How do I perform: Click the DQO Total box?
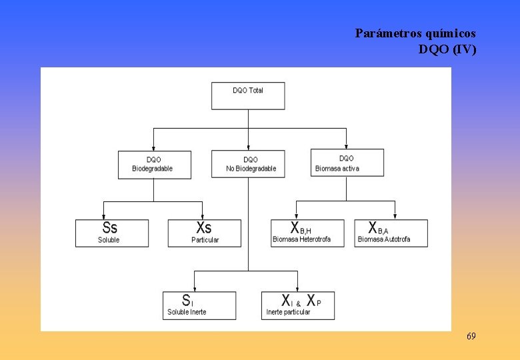point(248,95)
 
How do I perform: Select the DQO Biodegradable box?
point(154,164)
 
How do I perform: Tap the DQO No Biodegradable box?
point(249,164)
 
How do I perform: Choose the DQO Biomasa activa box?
point(347,163)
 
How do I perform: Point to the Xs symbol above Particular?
point(203,227)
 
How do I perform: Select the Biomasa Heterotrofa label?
point(301,239)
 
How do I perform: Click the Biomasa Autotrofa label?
point(384,239)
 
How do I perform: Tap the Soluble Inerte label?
point(187,312)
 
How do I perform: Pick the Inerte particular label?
point(288,312)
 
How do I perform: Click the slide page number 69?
point(471,336)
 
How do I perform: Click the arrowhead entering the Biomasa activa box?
point(347,146)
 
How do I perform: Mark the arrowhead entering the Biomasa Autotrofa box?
point(395,216)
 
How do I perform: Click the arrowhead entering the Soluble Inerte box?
point(194,288)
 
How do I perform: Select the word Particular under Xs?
point(205,240)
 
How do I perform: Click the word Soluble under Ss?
point(109,240)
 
